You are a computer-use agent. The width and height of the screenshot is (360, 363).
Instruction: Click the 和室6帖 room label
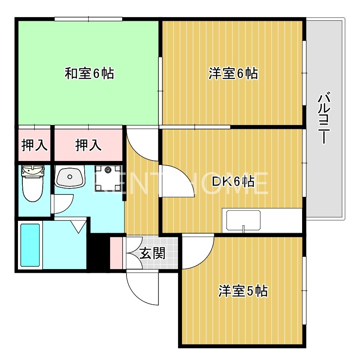(x=89, y=73)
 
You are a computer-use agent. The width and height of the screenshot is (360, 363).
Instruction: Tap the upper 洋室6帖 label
(x=233, y=73)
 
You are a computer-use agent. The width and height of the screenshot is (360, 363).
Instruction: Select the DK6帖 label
(x=233, y=182)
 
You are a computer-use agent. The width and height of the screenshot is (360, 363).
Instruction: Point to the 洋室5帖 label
(x=243, y=291)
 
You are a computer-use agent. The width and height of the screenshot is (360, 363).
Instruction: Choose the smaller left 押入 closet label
(x=34, y=145)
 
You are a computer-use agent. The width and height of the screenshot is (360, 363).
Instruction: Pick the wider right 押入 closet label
(x=88, y=145)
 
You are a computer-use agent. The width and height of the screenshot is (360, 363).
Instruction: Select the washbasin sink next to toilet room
(x=70, y=177)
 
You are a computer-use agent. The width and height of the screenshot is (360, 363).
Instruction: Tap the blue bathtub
(x=30, y=245)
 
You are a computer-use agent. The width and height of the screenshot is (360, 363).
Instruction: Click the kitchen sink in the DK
(x=243, y=220)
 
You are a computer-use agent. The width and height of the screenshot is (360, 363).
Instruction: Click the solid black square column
(x=98, y=253)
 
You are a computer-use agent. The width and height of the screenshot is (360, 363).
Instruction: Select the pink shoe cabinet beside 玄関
(x=117, y=253)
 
